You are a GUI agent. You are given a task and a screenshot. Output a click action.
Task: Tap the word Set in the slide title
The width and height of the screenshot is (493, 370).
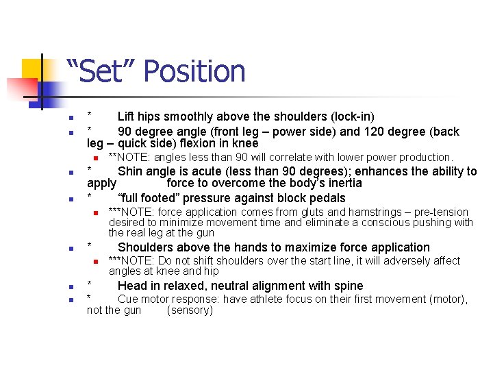(102, 71)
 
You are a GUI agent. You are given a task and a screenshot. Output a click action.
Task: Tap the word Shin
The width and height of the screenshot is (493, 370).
(130, 171)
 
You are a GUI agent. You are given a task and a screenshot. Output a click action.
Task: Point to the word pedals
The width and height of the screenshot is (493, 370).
(328, 198)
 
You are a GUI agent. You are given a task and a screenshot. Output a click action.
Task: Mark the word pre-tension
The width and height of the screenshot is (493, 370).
(441, 212)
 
